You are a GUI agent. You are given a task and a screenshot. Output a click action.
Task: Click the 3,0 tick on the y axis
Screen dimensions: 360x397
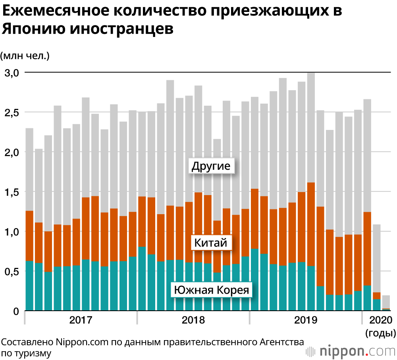(x=10, y=73)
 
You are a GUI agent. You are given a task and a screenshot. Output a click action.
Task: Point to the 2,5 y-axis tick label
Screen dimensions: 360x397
(x=10, y=112)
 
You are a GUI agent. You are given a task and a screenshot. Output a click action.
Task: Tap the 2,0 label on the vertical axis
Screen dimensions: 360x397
(x=10, y=152)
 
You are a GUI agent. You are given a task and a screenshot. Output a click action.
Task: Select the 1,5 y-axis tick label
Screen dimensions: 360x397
(x=10, y=192)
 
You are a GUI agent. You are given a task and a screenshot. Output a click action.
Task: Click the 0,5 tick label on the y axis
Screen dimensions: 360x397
(x=10, y=271)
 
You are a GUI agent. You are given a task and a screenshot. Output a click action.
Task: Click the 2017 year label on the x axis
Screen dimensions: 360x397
(x=81, y=320)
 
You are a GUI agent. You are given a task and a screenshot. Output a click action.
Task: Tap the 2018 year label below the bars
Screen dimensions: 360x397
(x=193, y=320)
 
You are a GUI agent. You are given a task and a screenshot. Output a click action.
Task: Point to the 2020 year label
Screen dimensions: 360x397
(x=380, y=320)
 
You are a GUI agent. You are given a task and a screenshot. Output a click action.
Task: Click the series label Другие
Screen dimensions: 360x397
(x=211, y=166)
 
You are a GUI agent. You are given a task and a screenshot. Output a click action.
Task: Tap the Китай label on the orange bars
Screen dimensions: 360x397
(x=211, y=242)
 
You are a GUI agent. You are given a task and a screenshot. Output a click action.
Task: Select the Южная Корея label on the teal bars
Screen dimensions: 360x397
(x=212, y=290)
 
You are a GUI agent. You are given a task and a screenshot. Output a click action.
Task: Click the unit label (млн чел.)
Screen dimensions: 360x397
(x=25, y=56)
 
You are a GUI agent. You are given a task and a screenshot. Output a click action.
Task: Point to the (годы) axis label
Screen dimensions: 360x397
(x=380, y=333)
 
